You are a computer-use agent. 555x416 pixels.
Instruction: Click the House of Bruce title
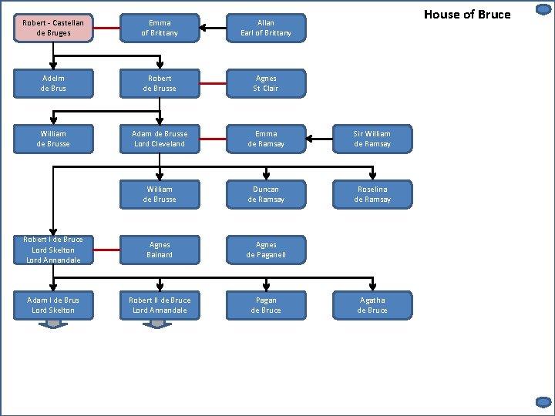467,14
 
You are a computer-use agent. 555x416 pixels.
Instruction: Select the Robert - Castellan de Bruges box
53,28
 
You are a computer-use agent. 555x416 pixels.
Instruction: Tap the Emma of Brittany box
160,28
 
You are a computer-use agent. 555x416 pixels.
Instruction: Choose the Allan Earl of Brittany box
266,28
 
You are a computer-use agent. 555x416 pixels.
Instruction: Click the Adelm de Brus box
53,83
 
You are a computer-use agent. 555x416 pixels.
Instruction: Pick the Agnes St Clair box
266,83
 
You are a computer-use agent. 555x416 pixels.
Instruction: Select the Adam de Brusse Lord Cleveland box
160,139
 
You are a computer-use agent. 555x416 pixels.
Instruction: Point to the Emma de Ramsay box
266,139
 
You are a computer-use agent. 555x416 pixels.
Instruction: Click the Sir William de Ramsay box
372,139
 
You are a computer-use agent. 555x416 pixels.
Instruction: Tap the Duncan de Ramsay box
266,194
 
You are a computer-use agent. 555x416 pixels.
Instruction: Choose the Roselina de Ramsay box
372,194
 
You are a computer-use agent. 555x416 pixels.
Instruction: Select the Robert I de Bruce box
53,250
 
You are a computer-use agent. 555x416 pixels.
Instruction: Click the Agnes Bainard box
160,250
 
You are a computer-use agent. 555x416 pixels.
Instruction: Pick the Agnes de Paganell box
266,250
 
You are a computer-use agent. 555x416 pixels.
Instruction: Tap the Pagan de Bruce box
266,305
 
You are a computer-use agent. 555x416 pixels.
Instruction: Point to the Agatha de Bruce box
372,305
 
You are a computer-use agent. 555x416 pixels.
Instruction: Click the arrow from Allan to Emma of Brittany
213,29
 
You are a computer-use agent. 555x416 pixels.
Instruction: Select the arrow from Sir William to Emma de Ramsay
319,139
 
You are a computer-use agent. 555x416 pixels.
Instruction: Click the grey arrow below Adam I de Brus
53,324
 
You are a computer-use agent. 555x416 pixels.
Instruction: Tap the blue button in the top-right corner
543,10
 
